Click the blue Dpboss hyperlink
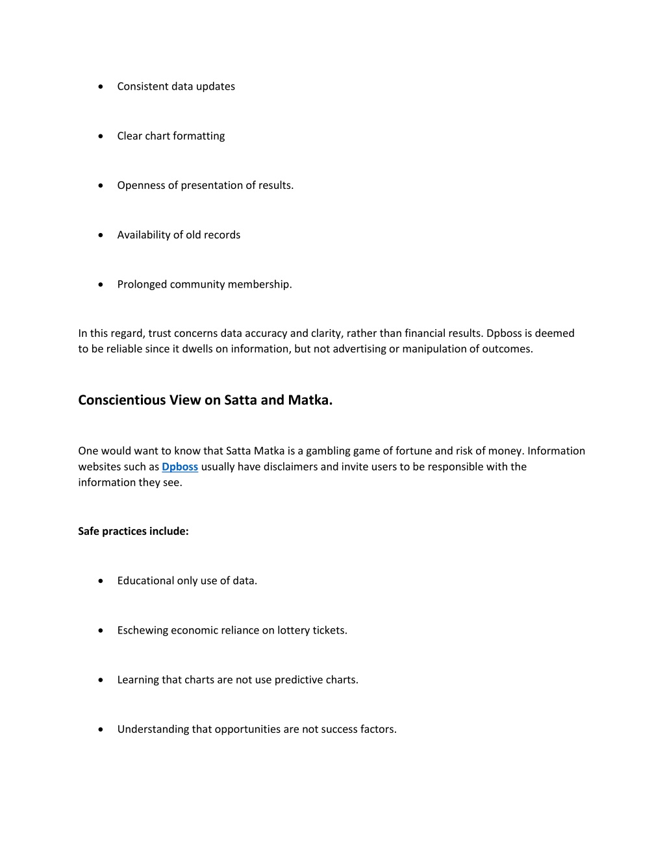click(180, 467)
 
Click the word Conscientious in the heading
click(121, 400)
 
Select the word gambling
click(328, 451)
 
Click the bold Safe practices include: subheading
click(133, 532)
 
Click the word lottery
click(293, 630)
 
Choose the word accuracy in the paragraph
click(266, 334)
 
